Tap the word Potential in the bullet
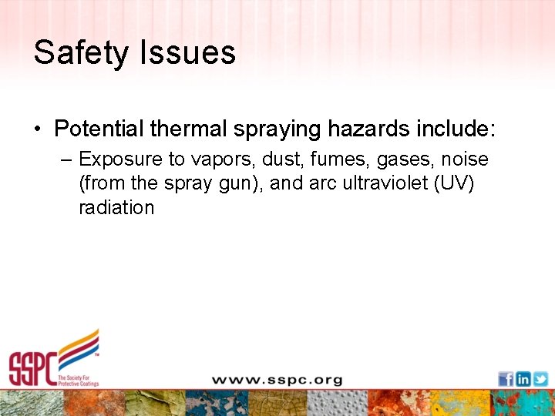(x=99, y=128)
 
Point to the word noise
(x=465, y=159)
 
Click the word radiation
(x=116, y=208)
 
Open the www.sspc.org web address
(x=277, y=380)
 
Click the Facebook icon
(x=506, y=379)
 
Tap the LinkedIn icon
(x=523, y=379)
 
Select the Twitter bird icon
(x=540, y=379)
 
